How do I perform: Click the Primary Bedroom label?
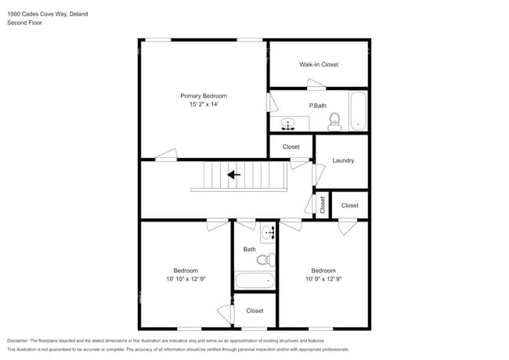pyautogui.click(x=203, y=95)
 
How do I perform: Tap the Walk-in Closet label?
pyautogui.click(x=319, y=64)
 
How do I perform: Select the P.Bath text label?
pyautogui.click(x=317, y=106)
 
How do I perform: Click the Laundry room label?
pyautogui.click(x=343, y=160)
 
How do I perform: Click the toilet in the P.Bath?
pyautogui.click(x=334, y=121)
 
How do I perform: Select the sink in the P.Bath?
pyautogui.click(x=288, y=124)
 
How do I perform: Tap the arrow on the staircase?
pyautogui.click(x=233, y=175)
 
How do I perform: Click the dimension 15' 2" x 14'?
pyautogui.click(x=203, y=105)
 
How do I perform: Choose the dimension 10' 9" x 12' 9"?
pyautogui.click(x=323, y=279)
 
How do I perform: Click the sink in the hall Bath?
pyautogui.click(x=269, y=232)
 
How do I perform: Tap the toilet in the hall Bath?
pyautogui.click(x=265, y=259)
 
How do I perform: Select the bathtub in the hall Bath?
pyautogui.click(x=254, y=279)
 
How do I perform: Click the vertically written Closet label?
pyautogui.click(x=323, y=204)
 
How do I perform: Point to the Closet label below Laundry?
pyautogui.click(x=349, y=206)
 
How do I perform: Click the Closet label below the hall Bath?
pyautogui.click(x=254, y=311)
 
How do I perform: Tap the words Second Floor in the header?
pyautogui.click(x=24, y=23)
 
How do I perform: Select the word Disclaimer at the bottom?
pyautogui.click(x=21, y=341)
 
